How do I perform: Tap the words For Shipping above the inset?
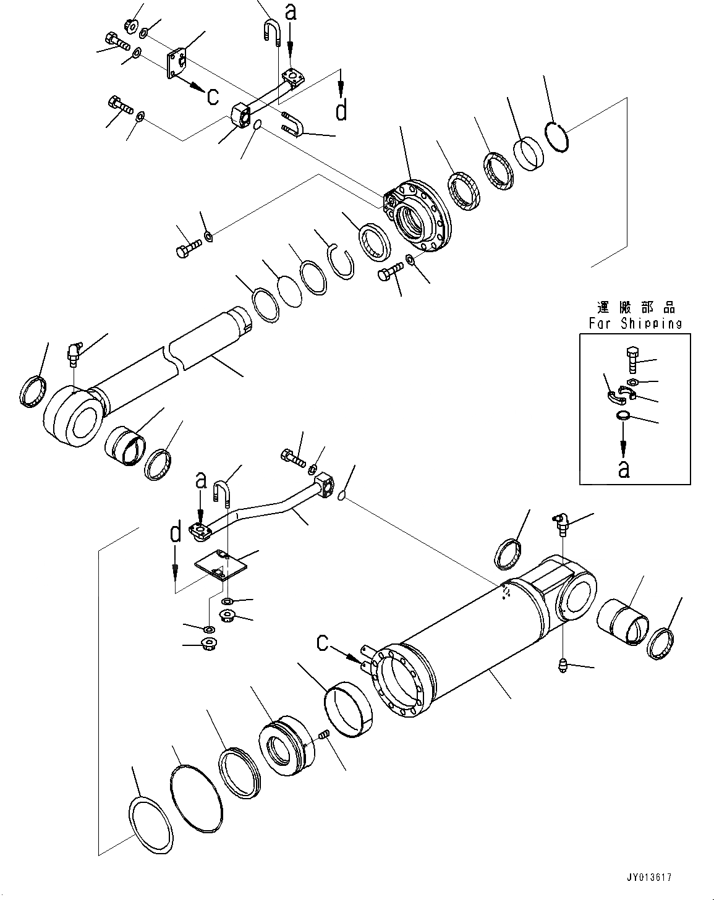click(x=635, y=323)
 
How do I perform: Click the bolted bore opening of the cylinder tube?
click(x=398, y=680)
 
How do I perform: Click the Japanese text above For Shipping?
click(x=635, y=307)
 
